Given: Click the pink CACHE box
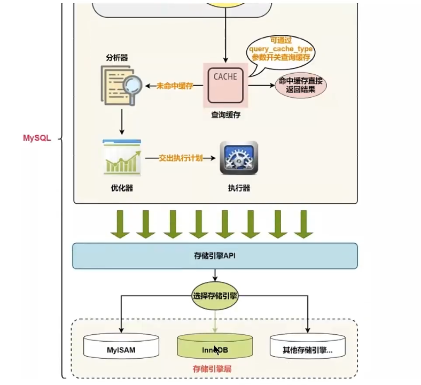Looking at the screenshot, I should click(x=225, y=84).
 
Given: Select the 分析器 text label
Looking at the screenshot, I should click(x=117, y=57).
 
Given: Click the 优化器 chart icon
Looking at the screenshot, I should click(x=122, y=158).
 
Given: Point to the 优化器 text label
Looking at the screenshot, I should click(x=122, y=188).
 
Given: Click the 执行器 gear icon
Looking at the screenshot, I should click(x=239, y=158).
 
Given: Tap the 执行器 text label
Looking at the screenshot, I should click(x=239, y=188).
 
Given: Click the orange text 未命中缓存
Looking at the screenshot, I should click(x=175, y=86).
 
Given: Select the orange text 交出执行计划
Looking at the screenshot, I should click(x=181, y=158).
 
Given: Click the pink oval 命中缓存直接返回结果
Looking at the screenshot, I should click(x=300, y=86).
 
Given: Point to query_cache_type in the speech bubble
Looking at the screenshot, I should click(x=280, y=49).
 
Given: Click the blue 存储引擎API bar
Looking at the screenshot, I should click(x=215, y=256).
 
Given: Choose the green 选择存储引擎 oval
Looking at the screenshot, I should click(x=215, y=295).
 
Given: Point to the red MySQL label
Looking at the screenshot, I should click(x=37, y=138).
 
